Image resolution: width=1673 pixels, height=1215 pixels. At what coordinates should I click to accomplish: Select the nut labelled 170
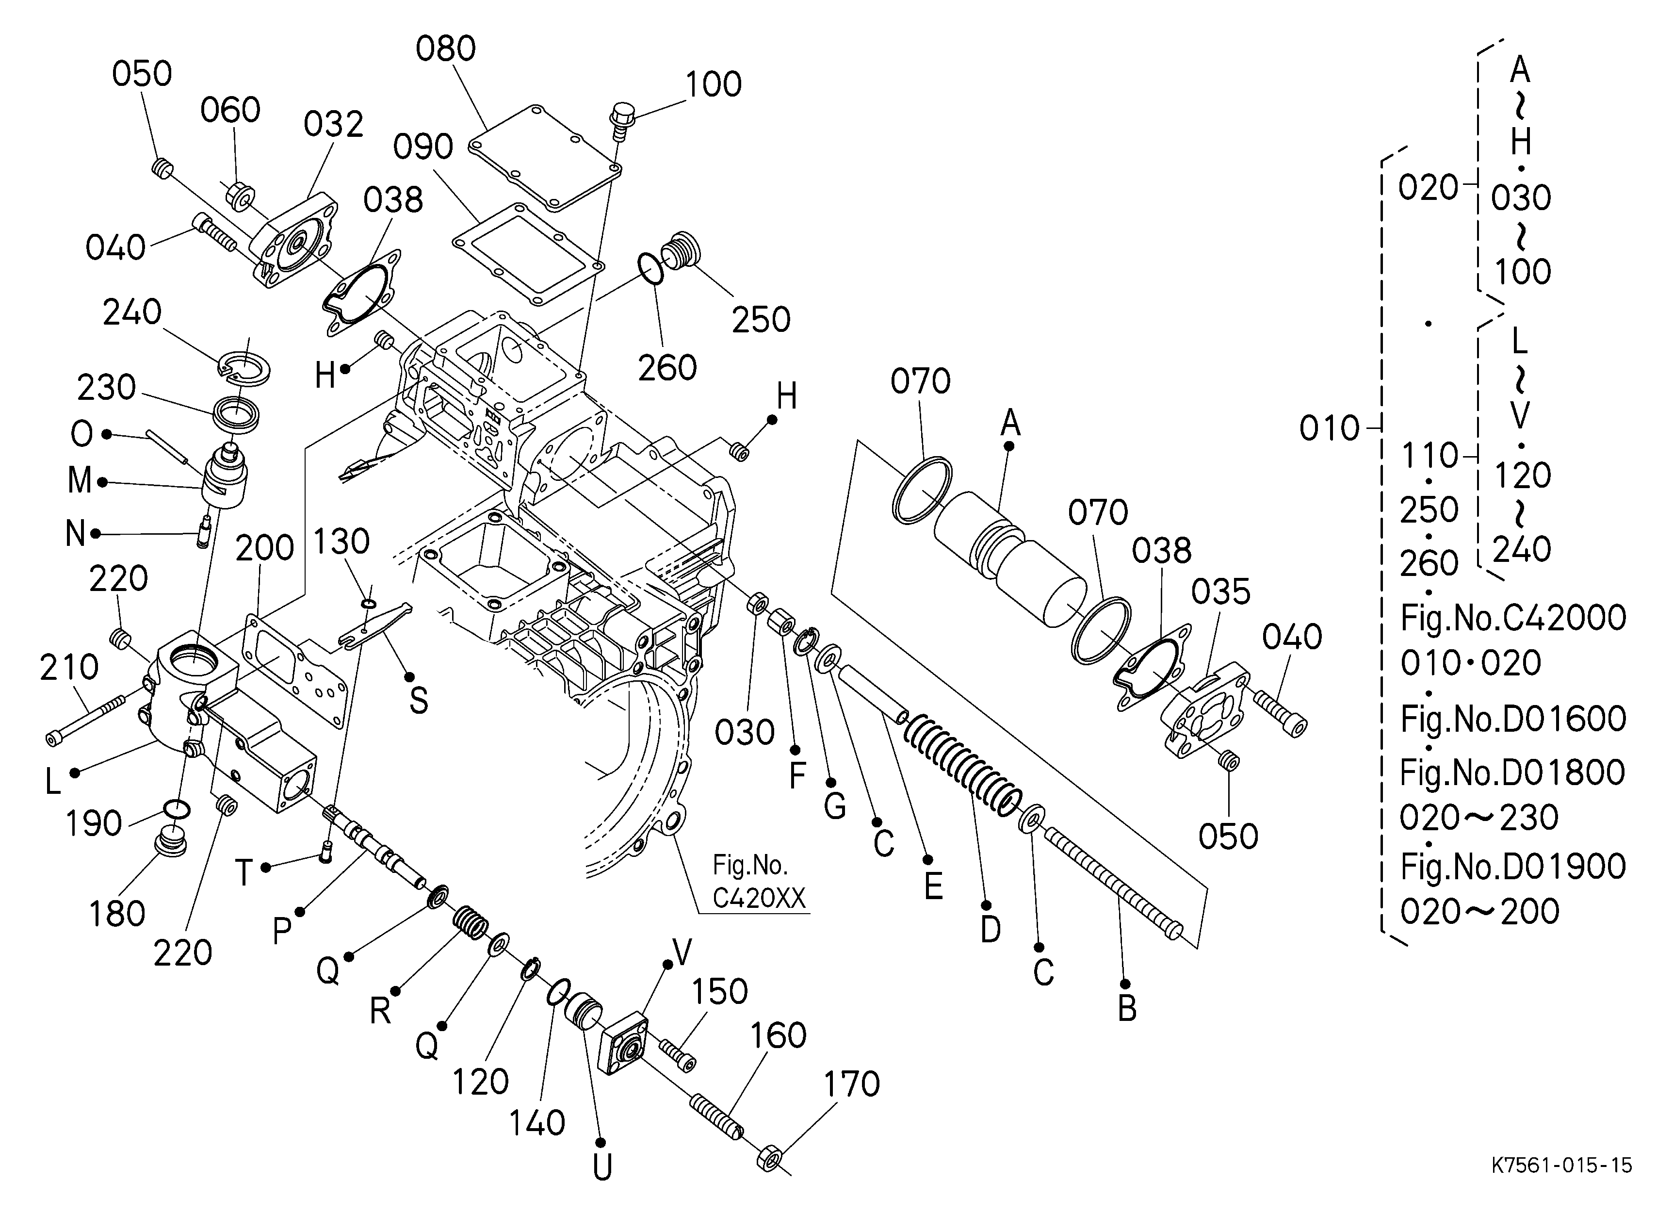(x=769, y=1158)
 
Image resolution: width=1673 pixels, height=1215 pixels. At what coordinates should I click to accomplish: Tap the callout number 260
(x=667, y=367)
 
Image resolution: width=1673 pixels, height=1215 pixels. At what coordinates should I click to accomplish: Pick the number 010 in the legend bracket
(x=1329, y=428)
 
